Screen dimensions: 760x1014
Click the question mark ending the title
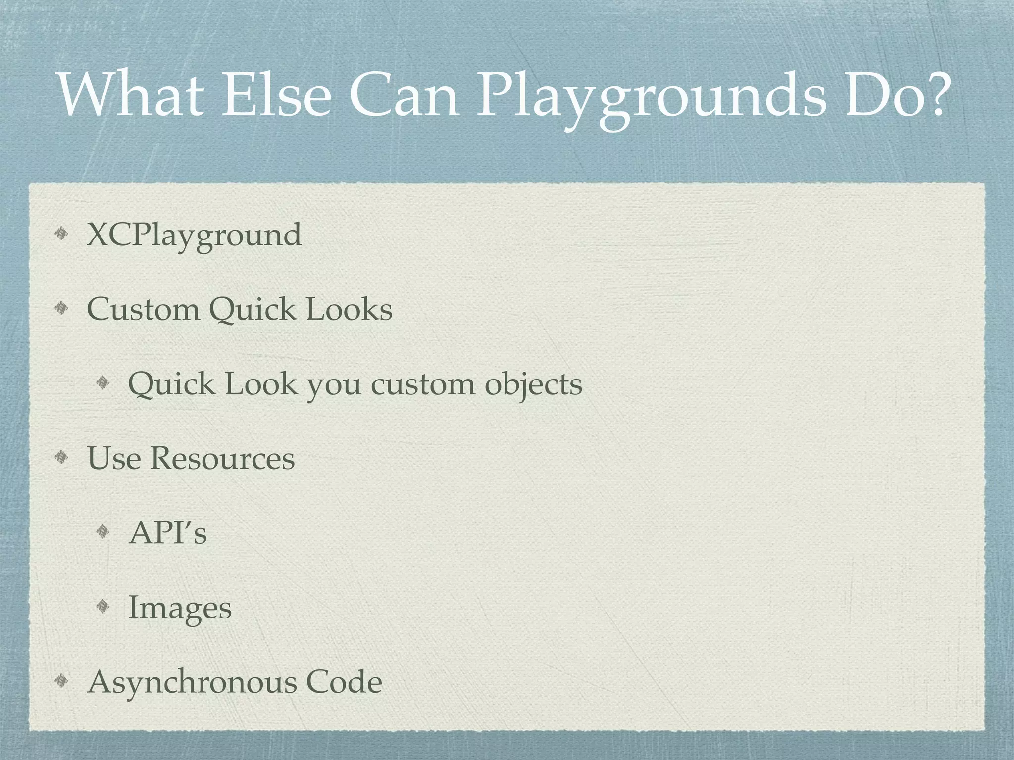tap(933, 95)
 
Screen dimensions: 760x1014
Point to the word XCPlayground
tap(194, 236)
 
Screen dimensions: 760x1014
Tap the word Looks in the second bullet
tap(349, 310)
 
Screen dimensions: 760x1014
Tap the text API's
tap(167, 533)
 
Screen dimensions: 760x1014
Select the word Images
tap(180, 609)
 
